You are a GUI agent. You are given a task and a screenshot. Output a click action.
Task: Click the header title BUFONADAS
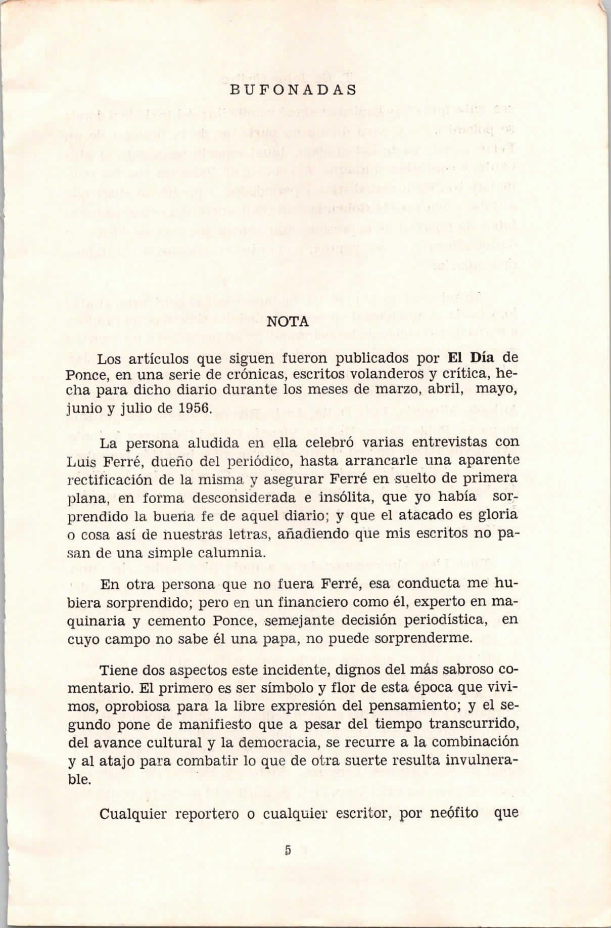point(293,90)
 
